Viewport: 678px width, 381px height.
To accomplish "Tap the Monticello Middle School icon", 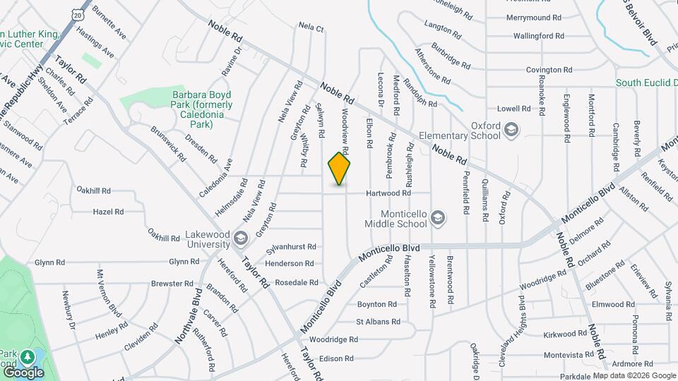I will coord(438,218).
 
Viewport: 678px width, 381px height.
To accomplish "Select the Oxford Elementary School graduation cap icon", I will coord(511,130).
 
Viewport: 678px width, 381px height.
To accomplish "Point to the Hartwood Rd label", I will coord(388,193).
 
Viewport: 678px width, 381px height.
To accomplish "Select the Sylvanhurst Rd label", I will coord(290,248).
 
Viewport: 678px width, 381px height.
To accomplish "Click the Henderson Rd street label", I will coord(289,263).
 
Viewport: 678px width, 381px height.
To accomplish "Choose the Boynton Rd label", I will coord(377,305).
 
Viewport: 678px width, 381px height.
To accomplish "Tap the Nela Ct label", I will coord(311,29).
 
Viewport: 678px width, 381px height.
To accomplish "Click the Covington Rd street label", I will coord(548,70).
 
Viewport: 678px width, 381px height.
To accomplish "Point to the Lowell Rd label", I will coord(513,109).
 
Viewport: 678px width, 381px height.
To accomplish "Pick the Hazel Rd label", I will coord(108,211).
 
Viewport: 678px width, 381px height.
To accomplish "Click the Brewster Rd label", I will coord(172,284).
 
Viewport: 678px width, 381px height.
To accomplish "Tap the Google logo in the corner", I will coord(23,372).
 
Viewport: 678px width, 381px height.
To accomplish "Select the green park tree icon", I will coord(28,357).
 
